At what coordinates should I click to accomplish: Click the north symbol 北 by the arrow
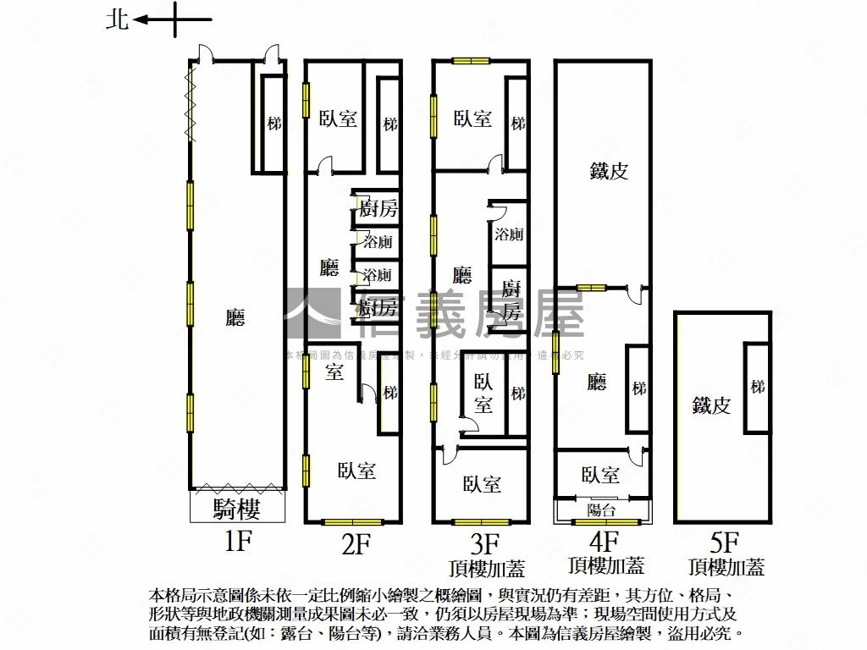(x=117, y=19)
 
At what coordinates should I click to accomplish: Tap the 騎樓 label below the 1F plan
(x=236, y=509)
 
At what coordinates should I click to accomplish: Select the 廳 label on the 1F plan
(x=235, y=318)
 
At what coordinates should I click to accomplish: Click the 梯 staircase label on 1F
(x=273, y=124)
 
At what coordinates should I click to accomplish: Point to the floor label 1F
(x=238, y=542)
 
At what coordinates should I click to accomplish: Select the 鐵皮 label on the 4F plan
(x=609, y=171)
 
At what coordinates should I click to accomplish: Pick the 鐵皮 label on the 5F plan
(x=710, y=405)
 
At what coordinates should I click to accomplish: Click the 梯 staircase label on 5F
(x=757, y=386)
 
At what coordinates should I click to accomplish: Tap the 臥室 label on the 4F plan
(x=600, y=475)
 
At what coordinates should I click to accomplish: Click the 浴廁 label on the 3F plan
(x=509, y=234)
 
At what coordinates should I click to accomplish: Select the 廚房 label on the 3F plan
(x=510, y=300)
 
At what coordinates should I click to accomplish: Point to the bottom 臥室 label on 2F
(x=356, y=471)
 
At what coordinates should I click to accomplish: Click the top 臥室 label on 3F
(x=472, y=118)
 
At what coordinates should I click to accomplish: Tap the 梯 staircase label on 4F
(x=638, y=388)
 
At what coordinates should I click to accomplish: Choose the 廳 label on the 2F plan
(x=329, y=268)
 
